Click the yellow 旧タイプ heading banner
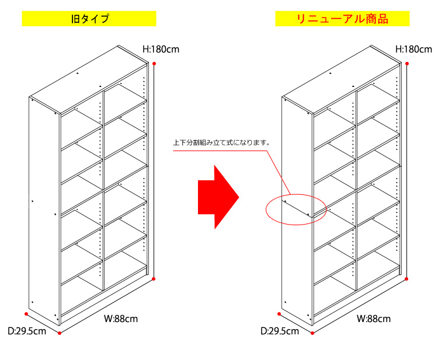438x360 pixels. pos(89,19)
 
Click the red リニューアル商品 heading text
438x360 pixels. pos(341,19)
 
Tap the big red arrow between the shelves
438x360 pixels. pos(218,196)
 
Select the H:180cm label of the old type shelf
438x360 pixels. pos(161,49)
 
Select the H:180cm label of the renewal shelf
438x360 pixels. pos(414,49)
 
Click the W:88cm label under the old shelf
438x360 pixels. pos(121,319)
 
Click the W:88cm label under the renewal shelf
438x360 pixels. pos(374,319)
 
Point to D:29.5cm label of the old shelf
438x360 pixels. pos(27,331)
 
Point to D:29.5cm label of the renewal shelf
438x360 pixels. pos(280,331)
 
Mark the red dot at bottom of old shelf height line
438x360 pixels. pos(154,279)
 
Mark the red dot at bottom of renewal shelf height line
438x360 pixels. pos(408,279)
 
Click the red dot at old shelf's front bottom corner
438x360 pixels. pos(60,333)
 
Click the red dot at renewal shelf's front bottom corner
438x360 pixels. pos(313,333)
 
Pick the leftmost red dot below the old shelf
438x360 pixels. pos(27,314)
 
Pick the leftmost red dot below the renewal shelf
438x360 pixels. pos(280,314)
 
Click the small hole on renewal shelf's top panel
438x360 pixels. pos(330,74)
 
